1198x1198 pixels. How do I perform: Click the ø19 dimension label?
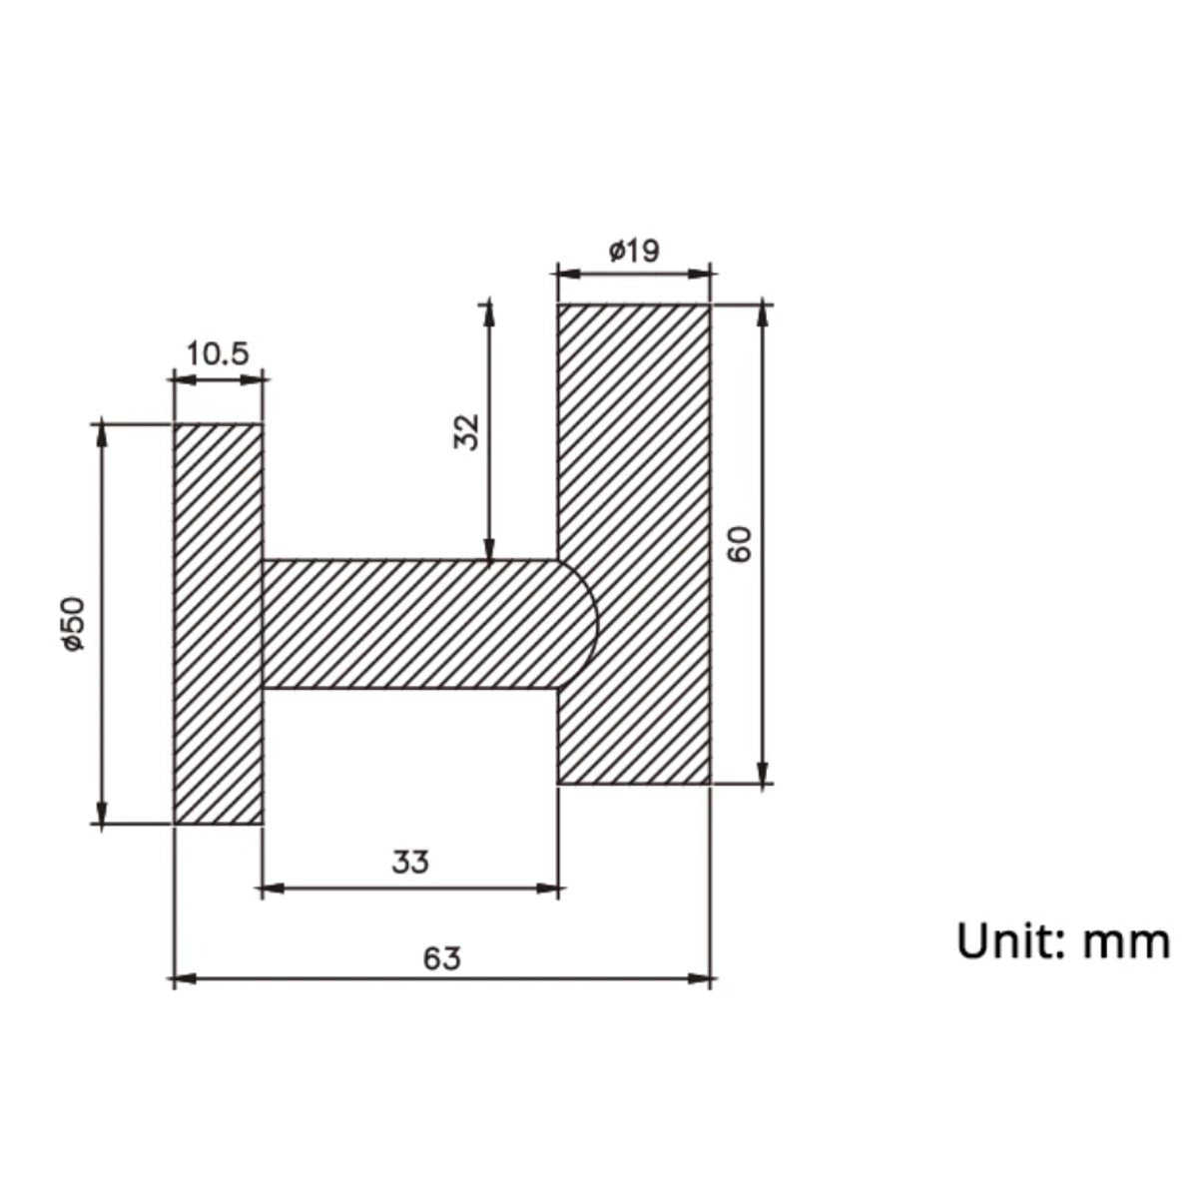point(634,252)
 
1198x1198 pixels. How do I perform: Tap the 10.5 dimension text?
point(218,354)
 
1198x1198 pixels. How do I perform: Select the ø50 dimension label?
point(73,624)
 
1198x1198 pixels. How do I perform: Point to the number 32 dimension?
point(467,431)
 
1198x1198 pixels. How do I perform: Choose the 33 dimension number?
point(410,863)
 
